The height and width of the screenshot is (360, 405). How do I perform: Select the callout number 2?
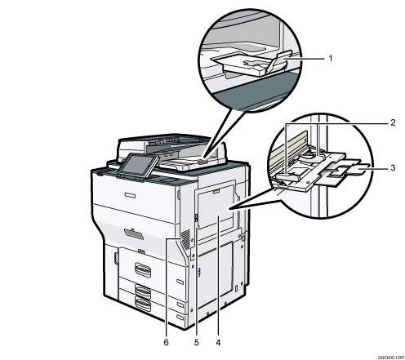393,122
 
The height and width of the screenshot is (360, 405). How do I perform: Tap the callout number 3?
393,167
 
